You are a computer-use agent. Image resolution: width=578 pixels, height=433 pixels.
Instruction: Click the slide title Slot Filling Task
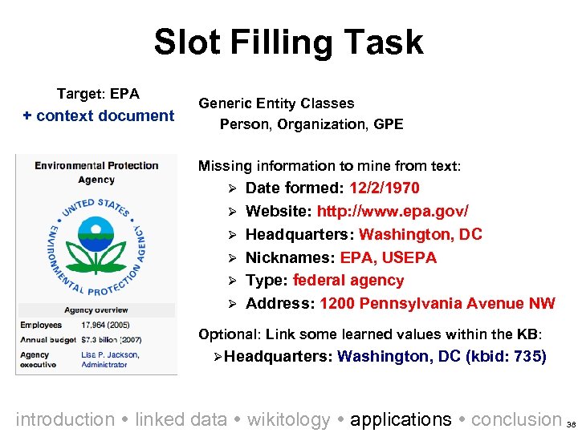tap(288, 42)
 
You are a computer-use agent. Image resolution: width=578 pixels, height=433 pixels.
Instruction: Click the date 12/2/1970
tap(384, 188)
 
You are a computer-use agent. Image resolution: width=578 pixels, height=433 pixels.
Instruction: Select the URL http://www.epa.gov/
tap(393, 211)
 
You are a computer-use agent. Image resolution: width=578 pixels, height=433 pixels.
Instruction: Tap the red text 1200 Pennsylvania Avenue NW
tap(437, 303)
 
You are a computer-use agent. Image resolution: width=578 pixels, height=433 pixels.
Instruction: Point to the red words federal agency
tap(348, 281)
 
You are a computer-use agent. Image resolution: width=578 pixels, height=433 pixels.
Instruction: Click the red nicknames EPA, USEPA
tap(389, 257)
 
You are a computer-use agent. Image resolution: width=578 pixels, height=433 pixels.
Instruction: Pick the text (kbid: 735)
tap(506, 356)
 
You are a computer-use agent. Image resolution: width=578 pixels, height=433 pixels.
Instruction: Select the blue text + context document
tap(99, 115)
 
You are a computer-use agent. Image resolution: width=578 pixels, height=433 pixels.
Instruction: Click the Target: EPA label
tap(98, 94)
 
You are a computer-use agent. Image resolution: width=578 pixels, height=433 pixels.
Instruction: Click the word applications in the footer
tap(401, 419)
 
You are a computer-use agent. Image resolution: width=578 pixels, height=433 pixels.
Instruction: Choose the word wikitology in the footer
tap(288, 419)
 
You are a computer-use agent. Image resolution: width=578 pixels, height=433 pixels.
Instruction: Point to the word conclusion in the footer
tap(515, 419)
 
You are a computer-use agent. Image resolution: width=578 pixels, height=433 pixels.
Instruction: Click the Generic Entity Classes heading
tap(276, 103)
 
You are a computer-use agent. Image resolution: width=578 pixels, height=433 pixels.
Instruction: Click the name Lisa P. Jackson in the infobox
tap(110, 354)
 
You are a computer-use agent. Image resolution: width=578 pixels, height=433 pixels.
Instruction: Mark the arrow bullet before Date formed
tap(230, 188)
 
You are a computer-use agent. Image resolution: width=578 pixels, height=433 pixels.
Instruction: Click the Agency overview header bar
tap(96, 310)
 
